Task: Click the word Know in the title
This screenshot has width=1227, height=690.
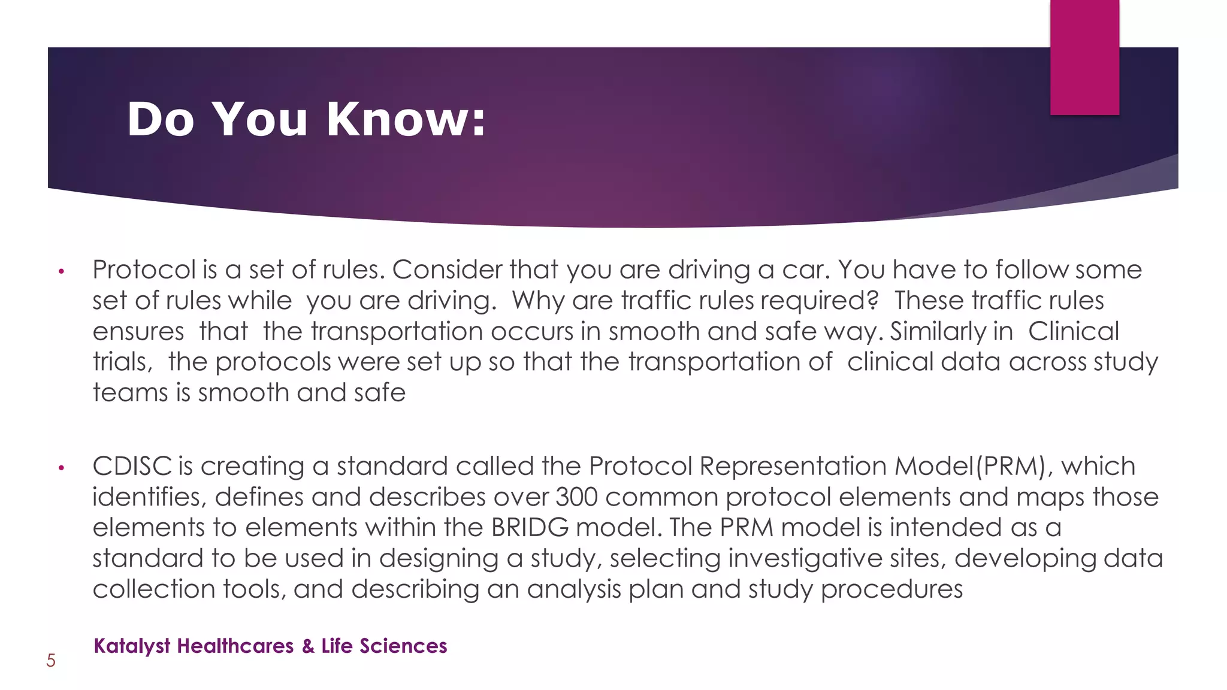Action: [x=405, y=119]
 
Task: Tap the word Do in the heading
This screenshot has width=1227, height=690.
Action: [x=161, y=119]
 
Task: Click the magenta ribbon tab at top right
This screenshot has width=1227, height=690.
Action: [x=1084, y=57]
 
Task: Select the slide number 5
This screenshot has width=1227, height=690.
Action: [x=51, y=661]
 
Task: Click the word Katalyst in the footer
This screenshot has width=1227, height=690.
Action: [x=132, y=646]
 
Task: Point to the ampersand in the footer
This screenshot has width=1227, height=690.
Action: [x=308, y=646]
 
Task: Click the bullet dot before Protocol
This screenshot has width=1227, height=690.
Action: [x=61, y=272]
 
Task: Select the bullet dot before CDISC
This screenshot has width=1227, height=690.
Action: [x=61, y=468]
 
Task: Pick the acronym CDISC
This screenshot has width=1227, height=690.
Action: [x=132, y=466]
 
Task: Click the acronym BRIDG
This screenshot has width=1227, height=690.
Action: [x=530, y=528]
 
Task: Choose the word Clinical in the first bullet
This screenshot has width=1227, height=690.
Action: [x=1074, y=332]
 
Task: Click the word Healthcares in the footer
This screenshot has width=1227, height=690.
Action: [x=235, y=646]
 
